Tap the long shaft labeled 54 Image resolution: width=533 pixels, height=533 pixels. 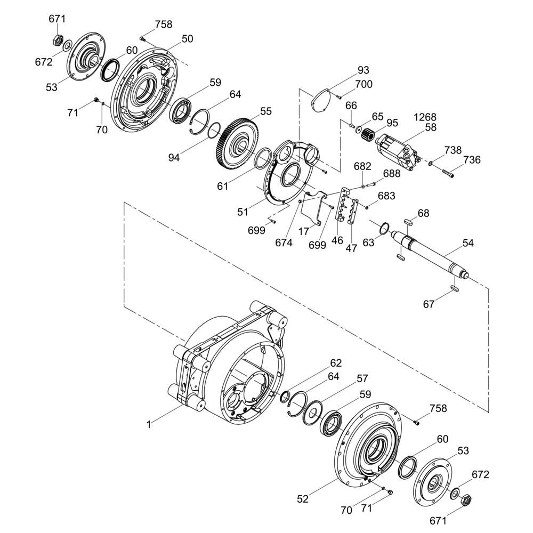click(x=431, y=253)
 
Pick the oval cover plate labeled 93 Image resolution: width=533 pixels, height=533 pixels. click(x=321, y=100)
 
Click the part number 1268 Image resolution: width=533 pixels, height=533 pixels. click(x=425, y=117)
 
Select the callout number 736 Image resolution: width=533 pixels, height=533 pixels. click(x=472, y=159)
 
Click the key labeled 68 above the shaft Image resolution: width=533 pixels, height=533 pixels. click(x=409, y=222)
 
